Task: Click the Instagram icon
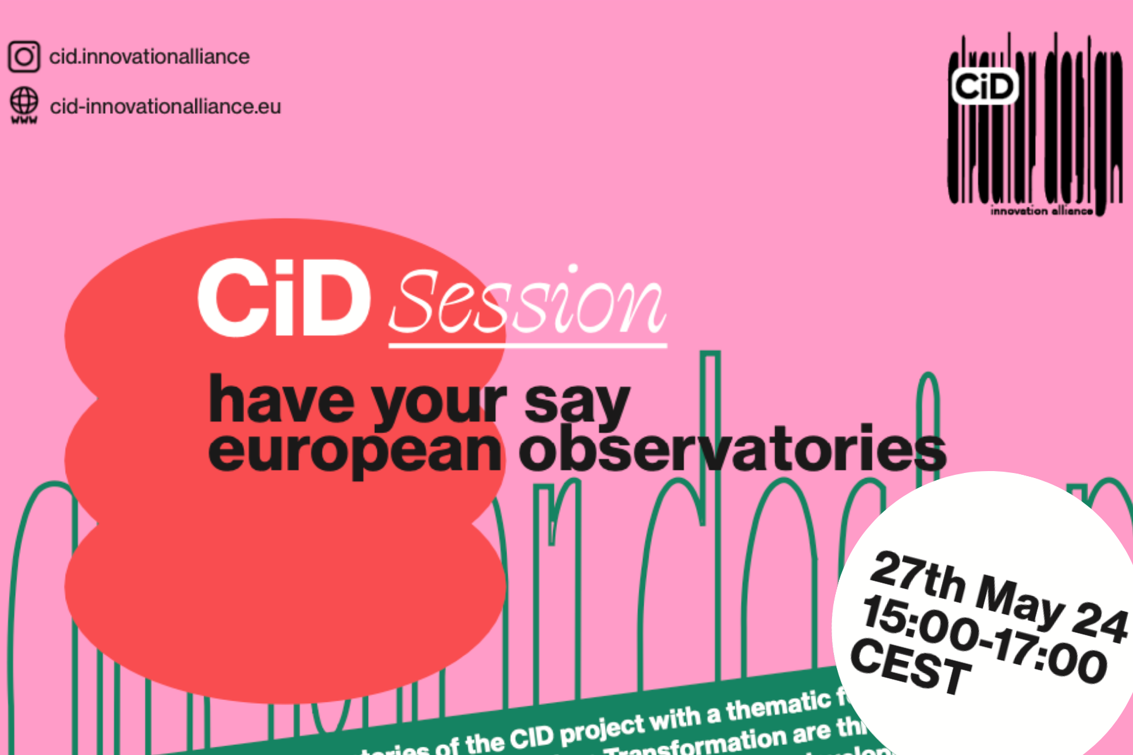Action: coord(24,57)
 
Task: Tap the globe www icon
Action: coord(24,104)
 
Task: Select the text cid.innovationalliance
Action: coord(149,57)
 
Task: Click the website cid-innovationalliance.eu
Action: coord(165,107)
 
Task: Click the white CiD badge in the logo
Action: coord(984,86)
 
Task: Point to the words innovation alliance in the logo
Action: coord(1041,211)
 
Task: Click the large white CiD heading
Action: coord(284,298)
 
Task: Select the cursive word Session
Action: coord(527,302)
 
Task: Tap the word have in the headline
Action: coord(281,400)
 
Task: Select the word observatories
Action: coord(732,450)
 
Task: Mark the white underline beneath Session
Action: coord(527,345)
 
